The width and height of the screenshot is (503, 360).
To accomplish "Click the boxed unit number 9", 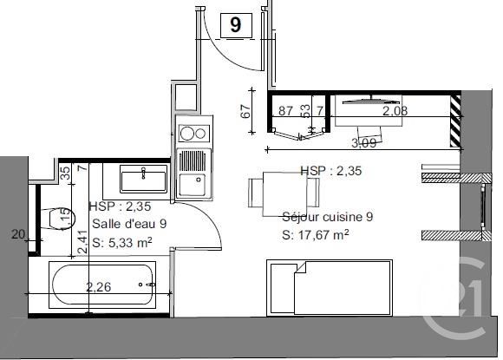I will coord(235,25).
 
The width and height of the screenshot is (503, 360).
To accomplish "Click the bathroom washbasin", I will coord(143,180).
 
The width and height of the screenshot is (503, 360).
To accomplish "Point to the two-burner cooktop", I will coord(190,134).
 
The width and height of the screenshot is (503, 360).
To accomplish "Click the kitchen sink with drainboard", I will coord(191,173).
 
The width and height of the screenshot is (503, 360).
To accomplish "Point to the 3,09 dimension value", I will coord(362,142).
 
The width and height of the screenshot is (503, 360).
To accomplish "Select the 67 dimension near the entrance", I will coord(245,111).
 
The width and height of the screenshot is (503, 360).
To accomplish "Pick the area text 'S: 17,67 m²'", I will coord(315,234).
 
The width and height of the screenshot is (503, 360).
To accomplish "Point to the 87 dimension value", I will coord(286,111).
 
